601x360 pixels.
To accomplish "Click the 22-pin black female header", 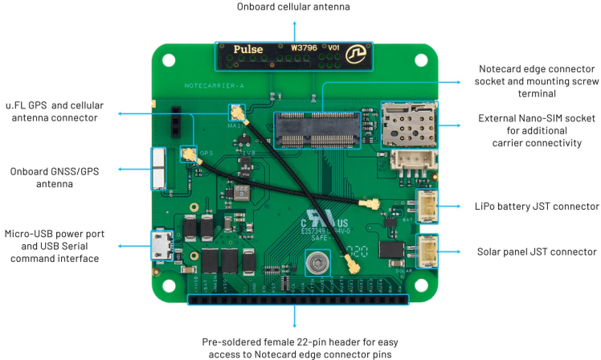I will point(299,300).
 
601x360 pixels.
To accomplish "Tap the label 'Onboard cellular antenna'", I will point(294,8).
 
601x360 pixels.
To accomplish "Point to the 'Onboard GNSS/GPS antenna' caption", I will point(62,177).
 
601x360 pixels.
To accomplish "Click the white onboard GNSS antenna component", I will point(159,169).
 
